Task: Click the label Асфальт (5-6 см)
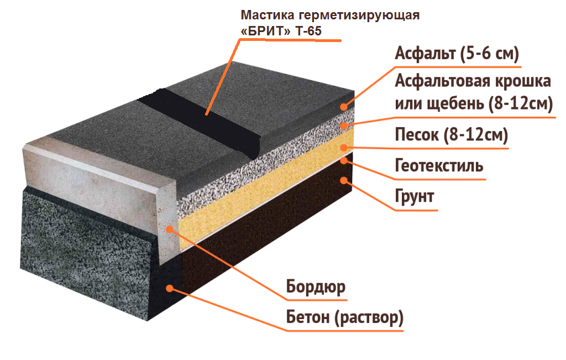click(x=457, y=54)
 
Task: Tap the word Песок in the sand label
click(x=417, y=134)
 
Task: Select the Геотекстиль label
click(x=439, y=165)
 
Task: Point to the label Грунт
click(x=415, y=197)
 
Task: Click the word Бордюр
click(x=316, y=286)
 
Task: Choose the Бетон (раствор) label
click(x=345, y=317)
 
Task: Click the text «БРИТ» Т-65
click(x=281, y=31)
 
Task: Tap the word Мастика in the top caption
click(x=268, y=15)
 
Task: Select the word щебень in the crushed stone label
click(x=455, y=103)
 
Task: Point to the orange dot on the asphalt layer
click(x=344, y=107)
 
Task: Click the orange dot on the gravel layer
click(x=344, y=126)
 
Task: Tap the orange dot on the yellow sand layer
click(x=344, y=147)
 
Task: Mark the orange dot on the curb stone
click(x=170, y=229)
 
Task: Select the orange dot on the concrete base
click(x=170, y=288)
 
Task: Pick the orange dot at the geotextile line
click(x=344, y=160)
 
